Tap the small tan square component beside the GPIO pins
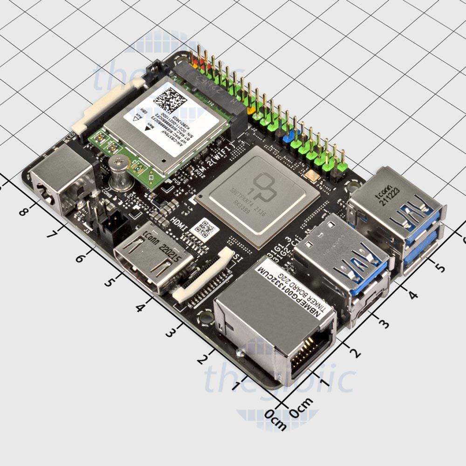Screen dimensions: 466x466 (x=310, y=176)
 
